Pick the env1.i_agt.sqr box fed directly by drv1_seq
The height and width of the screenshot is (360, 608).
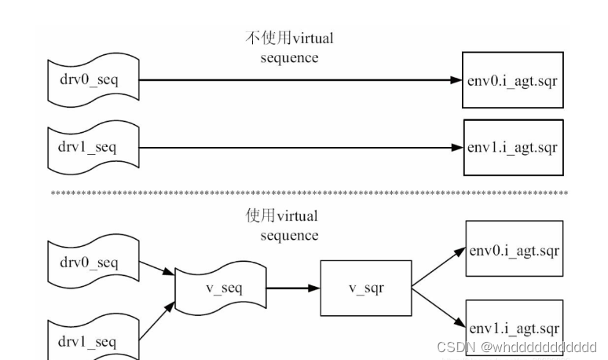[x=513, y=147]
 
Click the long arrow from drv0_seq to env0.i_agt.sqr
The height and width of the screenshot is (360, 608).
[x=299, y=80]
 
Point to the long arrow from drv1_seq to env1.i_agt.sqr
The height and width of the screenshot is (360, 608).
[x=299, y=147]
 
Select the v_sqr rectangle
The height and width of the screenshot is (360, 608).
[x=366, y=288]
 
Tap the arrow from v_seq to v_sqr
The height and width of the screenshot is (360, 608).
[x=292, y=288]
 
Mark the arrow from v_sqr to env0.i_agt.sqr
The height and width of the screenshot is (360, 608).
[x=438, y=268]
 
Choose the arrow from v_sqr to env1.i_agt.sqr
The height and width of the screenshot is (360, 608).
[x=438, y=307]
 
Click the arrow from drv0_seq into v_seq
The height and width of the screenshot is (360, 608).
[x=157, y=268]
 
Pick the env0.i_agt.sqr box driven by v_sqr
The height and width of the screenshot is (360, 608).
[x=515, y=250]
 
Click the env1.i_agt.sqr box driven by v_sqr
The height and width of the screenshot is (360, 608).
[x=515, y=326]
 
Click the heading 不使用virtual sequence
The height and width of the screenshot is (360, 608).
[x=290, y=47]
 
